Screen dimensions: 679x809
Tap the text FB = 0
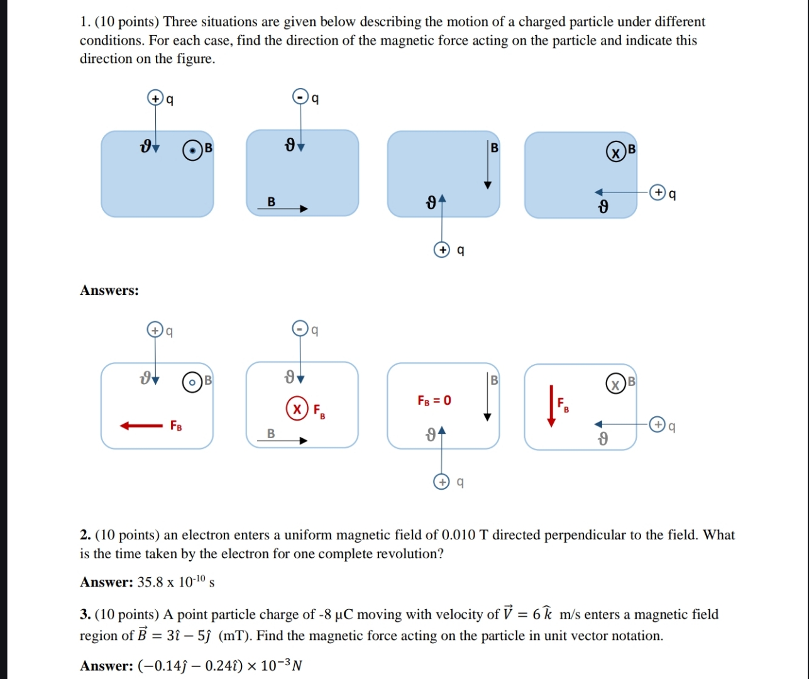coord(434,400)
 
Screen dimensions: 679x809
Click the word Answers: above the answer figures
coord(109,290)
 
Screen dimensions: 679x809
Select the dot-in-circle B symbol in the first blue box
coord(193,151)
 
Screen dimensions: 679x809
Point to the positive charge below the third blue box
coord(443,250)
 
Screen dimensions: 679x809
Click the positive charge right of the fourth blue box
coord(658,192)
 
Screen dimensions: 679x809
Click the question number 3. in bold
coord(85,614)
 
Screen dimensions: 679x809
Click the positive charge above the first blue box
coord(155,98)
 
